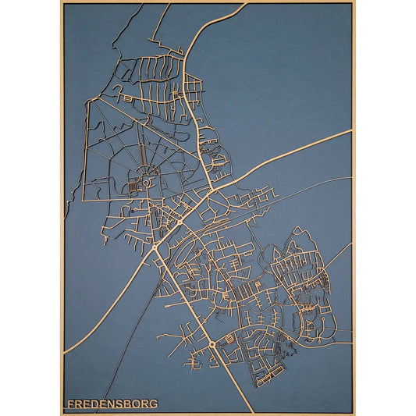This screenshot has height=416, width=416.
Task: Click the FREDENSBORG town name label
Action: pos(112,404)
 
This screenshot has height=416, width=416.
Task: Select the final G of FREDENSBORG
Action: pos(153,404)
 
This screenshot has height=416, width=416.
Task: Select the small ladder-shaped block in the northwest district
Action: pos(124,99)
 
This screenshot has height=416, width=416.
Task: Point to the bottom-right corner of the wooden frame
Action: pos(354,412)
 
